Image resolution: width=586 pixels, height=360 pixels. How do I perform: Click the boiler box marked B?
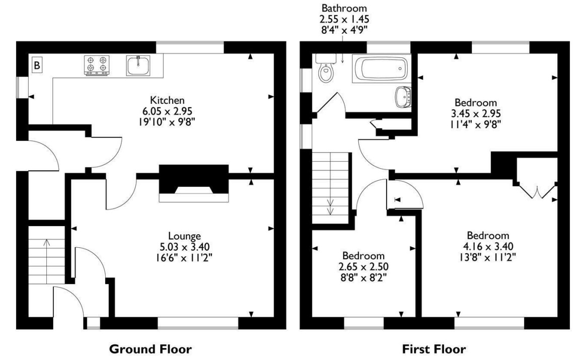(37, 65)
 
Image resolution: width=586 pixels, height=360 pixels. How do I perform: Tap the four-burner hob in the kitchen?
(97, 66)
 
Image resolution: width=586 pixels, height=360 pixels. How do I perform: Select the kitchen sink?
(138, 65)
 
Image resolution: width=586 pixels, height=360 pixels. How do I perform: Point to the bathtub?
(381, 68)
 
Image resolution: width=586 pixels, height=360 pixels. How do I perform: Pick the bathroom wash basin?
(404, 97)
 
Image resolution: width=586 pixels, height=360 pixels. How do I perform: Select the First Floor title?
(434, 348)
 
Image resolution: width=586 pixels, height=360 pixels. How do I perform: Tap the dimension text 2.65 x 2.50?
(363, 266)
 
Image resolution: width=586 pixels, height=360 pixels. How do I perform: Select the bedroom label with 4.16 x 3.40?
(487, 236)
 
